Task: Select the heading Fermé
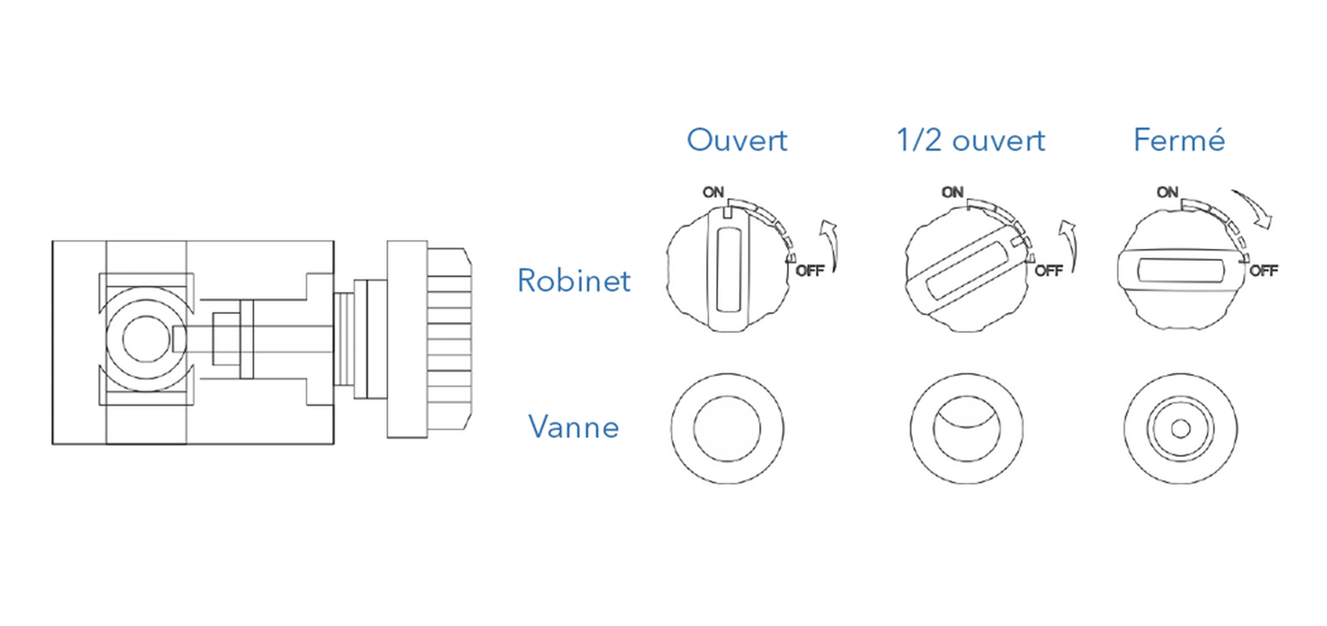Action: coord(1179,140)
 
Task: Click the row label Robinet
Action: coord(573,281)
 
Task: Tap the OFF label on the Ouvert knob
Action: coord(810,271)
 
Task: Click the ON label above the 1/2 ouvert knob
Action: coord(952,192)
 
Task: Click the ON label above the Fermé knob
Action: coord(1167,192)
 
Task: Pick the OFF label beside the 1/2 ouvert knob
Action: coord(1049,271)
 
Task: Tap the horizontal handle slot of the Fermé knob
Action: coord(1180,271)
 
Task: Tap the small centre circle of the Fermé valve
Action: coord(1180,429)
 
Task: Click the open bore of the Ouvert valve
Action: coord(727,429)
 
